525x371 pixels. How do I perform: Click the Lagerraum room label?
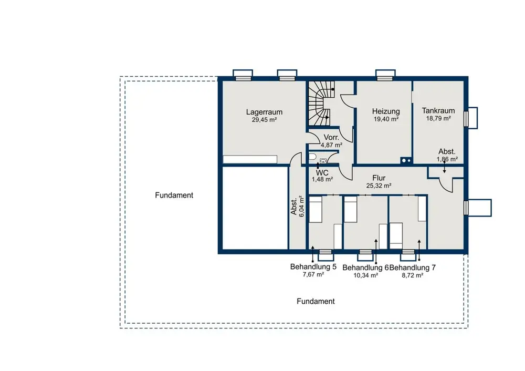click(264, 112)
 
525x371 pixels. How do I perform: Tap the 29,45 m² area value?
click(264, 120)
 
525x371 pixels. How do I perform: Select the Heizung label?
click(386, 111)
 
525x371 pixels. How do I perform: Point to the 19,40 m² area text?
click(386, 119)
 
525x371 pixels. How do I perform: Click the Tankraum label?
click(438, 110)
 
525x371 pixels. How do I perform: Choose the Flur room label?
click(379, 178)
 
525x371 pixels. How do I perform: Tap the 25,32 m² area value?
click(379, 185)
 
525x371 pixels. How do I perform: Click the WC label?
click(322, 172)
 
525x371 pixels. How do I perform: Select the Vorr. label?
click(331, 137)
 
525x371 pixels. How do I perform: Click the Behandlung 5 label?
click(313, 267)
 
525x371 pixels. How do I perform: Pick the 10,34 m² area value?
click(365, 275)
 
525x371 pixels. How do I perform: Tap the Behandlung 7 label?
click(413, 268)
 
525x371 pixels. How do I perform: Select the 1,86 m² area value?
click(447, 159)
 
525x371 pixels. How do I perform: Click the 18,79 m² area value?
click(438, 118)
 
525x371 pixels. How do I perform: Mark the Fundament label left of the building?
click(174, 195)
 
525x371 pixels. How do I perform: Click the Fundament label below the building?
click(316, 301)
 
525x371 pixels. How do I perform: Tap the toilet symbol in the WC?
click(312, 157)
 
